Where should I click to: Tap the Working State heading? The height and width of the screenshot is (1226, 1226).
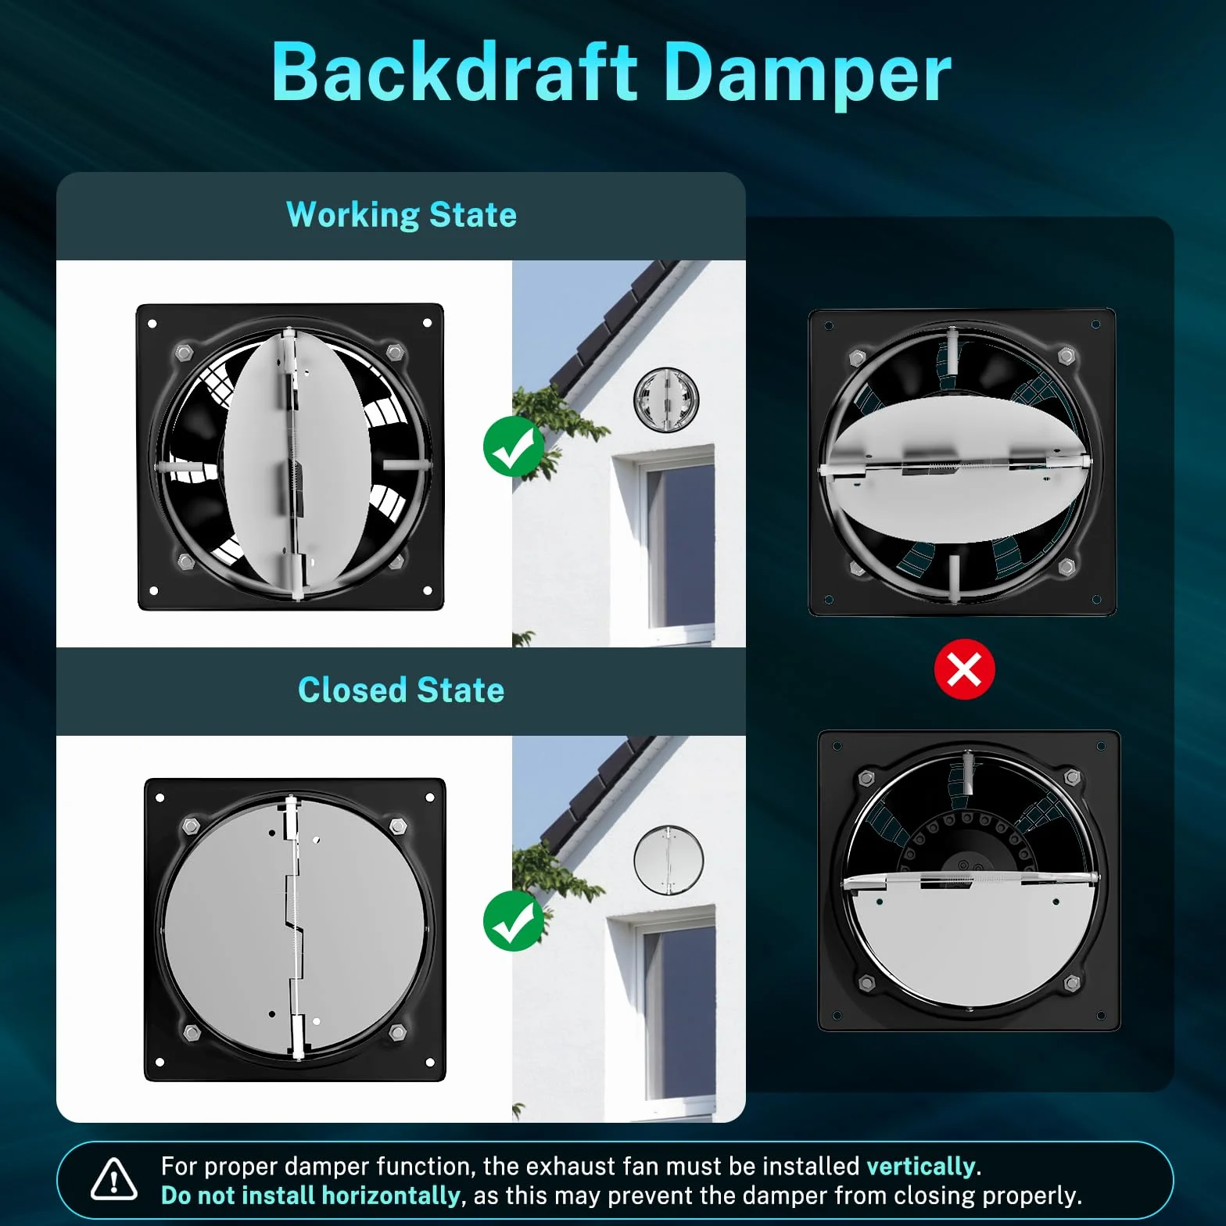click(x=401, y=215)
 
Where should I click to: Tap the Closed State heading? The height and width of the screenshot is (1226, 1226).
click(x=401, y=690)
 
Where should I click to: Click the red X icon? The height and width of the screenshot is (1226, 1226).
click(x=965, y=669)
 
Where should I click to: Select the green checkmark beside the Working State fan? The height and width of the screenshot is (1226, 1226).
click(x=514, y=446)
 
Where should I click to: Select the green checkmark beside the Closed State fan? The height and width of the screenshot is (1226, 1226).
click(x=514, y=920)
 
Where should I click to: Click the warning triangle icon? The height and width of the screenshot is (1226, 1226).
click(x=114, y=1179)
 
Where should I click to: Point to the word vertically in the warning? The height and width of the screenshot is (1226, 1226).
click(x=921, y=1167)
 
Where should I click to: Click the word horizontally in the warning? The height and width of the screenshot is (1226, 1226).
click(x=390, y=1196)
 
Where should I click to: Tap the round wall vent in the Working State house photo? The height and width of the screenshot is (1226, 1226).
click(x=666, y=399)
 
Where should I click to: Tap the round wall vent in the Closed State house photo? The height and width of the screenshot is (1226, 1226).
click(x=669, y=860)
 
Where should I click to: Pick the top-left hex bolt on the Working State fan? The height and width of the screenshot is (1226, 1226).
click(x=184, y=352)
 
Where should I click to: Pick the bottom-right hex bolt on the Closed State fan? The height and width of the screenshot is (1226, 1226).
click(x=398, y=1033)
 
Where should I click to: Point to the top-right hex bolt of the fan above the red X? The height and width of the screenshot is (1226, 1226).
click(x=1066, y=357)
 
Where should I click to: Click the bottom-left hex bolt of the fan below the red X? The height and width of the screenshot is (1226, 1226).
click(x=866, y=982)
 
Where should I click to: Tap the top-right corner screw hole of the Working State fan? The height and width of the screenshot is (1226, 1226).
click(x=427, y=323)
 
